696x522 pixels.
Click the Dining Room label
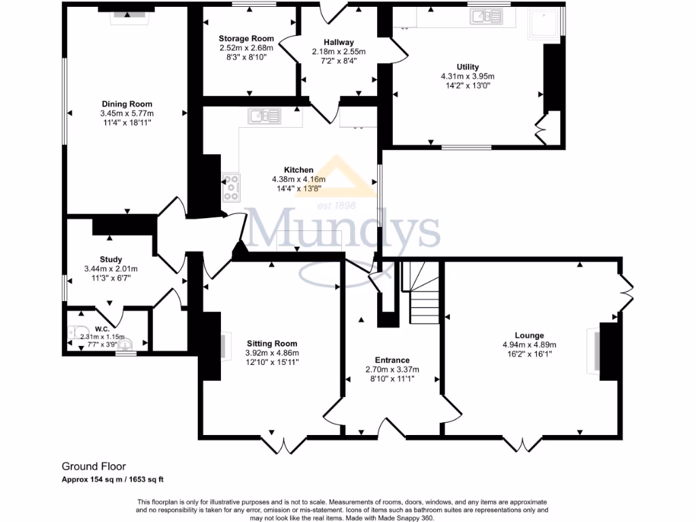pyautogui.click(x=126, y=104)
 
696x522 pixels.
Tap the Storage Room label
pyautogui.click(x=246, y=39)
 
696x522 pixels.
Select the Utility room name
pyautogui.click(x=467, y=67)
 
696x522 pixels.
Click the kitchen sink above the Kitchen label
pyautogui.click(x=264, y=116)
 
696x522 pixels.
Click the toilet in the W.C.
pyautogui.click(x=75, y=332)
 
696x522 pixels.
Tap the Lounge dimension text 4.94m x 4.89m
pyautogui.click(x=529, y=345)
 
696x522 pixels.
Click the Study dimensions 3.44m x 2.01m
pyautogui.click(x=111, y=268)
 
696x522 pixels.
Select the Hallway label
pyautogui.click(x=338, y=42)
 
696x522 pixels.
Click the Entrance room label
pyautogui.click(x=392, y=360)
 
